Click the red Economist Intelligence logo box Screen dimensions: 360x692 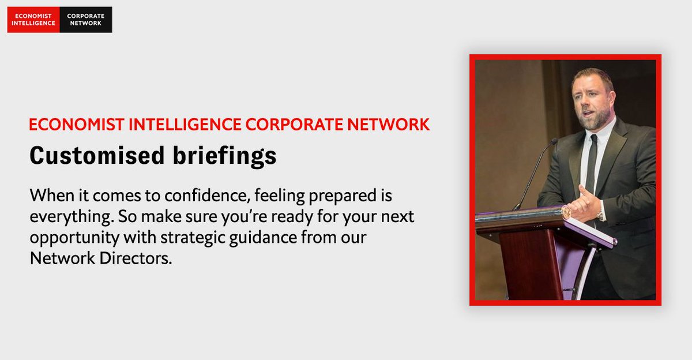(x=33, y=20)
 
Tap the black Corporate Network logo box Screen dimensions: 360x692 (x=85, y=20)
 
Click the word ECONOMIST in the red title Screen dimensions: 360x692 (x=69, y=125)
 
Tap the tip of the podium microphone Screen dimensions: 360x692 (x=554, y=141)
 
